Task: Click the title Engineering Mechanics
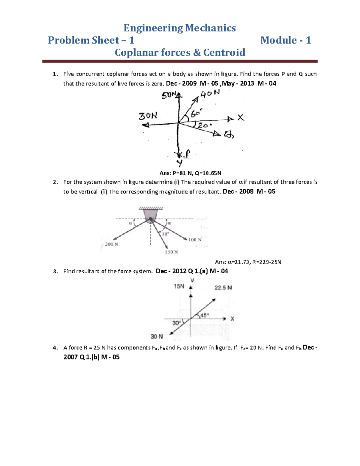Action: (180, 28)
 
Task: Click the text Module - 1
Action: (285, 40)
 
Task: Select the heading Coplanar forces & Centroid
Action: (180, 53)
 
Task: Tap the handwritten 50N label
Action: (169, 95)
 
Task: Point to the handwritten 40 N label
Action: (210, 94)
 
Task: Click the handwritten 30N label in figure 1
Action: (148, 116)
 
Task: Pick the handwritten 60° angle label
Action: (197, 113)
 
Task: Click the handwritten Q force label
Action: (229, 135)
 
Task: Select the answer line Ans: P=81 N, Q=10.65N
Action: (190, 173)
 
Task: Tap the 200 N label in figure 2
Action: (111, 245)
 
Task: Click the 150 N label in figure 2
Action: (171, 252)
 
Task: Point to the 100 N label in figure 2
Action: (195, 240)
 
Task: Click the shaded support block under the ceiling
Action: (150, 215)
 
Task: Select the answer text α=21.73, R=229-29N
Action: (254, 262)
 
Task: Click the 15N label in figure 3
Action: (179, 286)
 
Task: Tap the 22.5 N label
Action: (223, 288)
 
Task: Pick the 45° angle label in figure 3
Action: (204, 315)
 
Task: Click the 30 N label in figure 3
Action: (157, 337)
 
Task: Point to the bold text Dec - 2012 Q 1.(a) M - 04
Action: (192, 271)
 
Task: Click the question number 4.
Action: (55, 348)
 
